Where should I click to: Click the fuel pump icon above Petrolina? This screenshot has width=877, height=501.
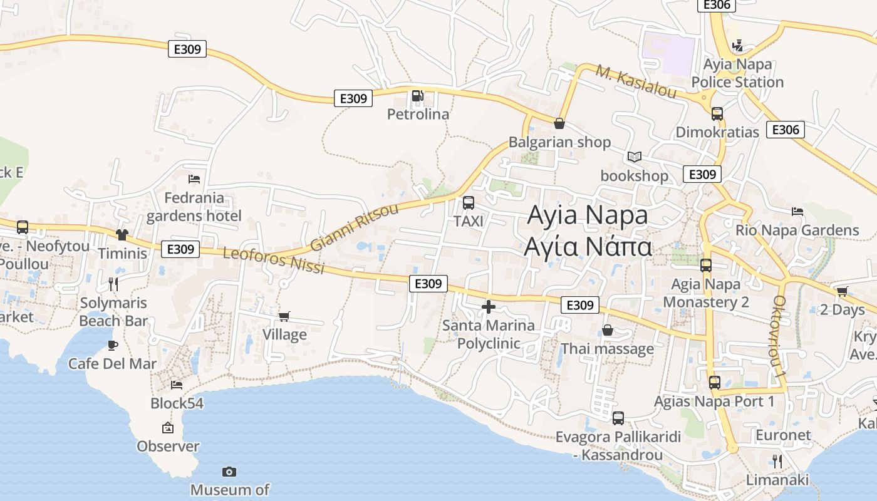[417, 96]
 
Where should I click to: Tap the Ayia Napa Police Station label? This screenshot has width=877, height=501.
[737, 73]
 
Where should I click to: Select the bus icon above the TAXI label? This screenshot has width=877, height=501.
[468, 203]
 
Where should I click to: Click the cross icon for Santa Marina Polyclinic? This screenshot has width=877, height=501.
[488, 307]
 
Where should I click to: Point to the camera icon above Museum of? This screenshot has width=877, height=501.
[229, 472]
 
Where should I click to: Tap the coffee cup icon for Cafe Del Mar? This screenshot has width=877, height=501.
[113, 345]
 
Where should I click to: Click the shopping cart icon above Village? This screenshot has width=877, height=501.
[284, 316]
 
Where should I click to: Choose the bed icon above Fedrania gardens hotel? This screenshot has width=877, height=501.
[194, 179]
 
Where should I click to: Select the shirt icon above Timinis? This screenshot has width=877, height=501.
[122, 235]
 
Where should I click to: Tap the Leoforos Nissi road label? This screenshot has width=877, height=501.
[274, 261]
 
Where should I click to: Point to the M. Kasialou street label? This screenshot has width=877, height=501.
[636, 82]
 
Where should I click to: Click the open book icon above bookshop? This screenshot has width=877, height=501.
[634, 157]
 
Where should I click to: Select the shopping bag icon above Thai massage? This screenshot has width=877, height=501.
[607, 330]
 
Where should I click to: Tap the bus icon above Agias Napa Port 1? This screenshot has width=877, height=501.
[714, 383]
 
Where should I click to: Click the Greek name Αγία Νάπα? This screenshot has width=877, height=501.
[588, 247]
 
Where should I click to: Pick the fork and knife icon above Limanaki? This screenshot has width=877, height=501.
[777, 462]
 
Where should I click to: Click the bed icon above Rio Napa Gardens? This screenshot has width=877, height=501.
[797, 212]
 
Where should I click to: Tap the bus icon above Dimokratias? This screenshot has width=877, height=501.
[717, 114]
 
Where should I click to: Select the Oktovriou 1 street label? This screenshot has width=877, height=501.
[780, 336]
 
